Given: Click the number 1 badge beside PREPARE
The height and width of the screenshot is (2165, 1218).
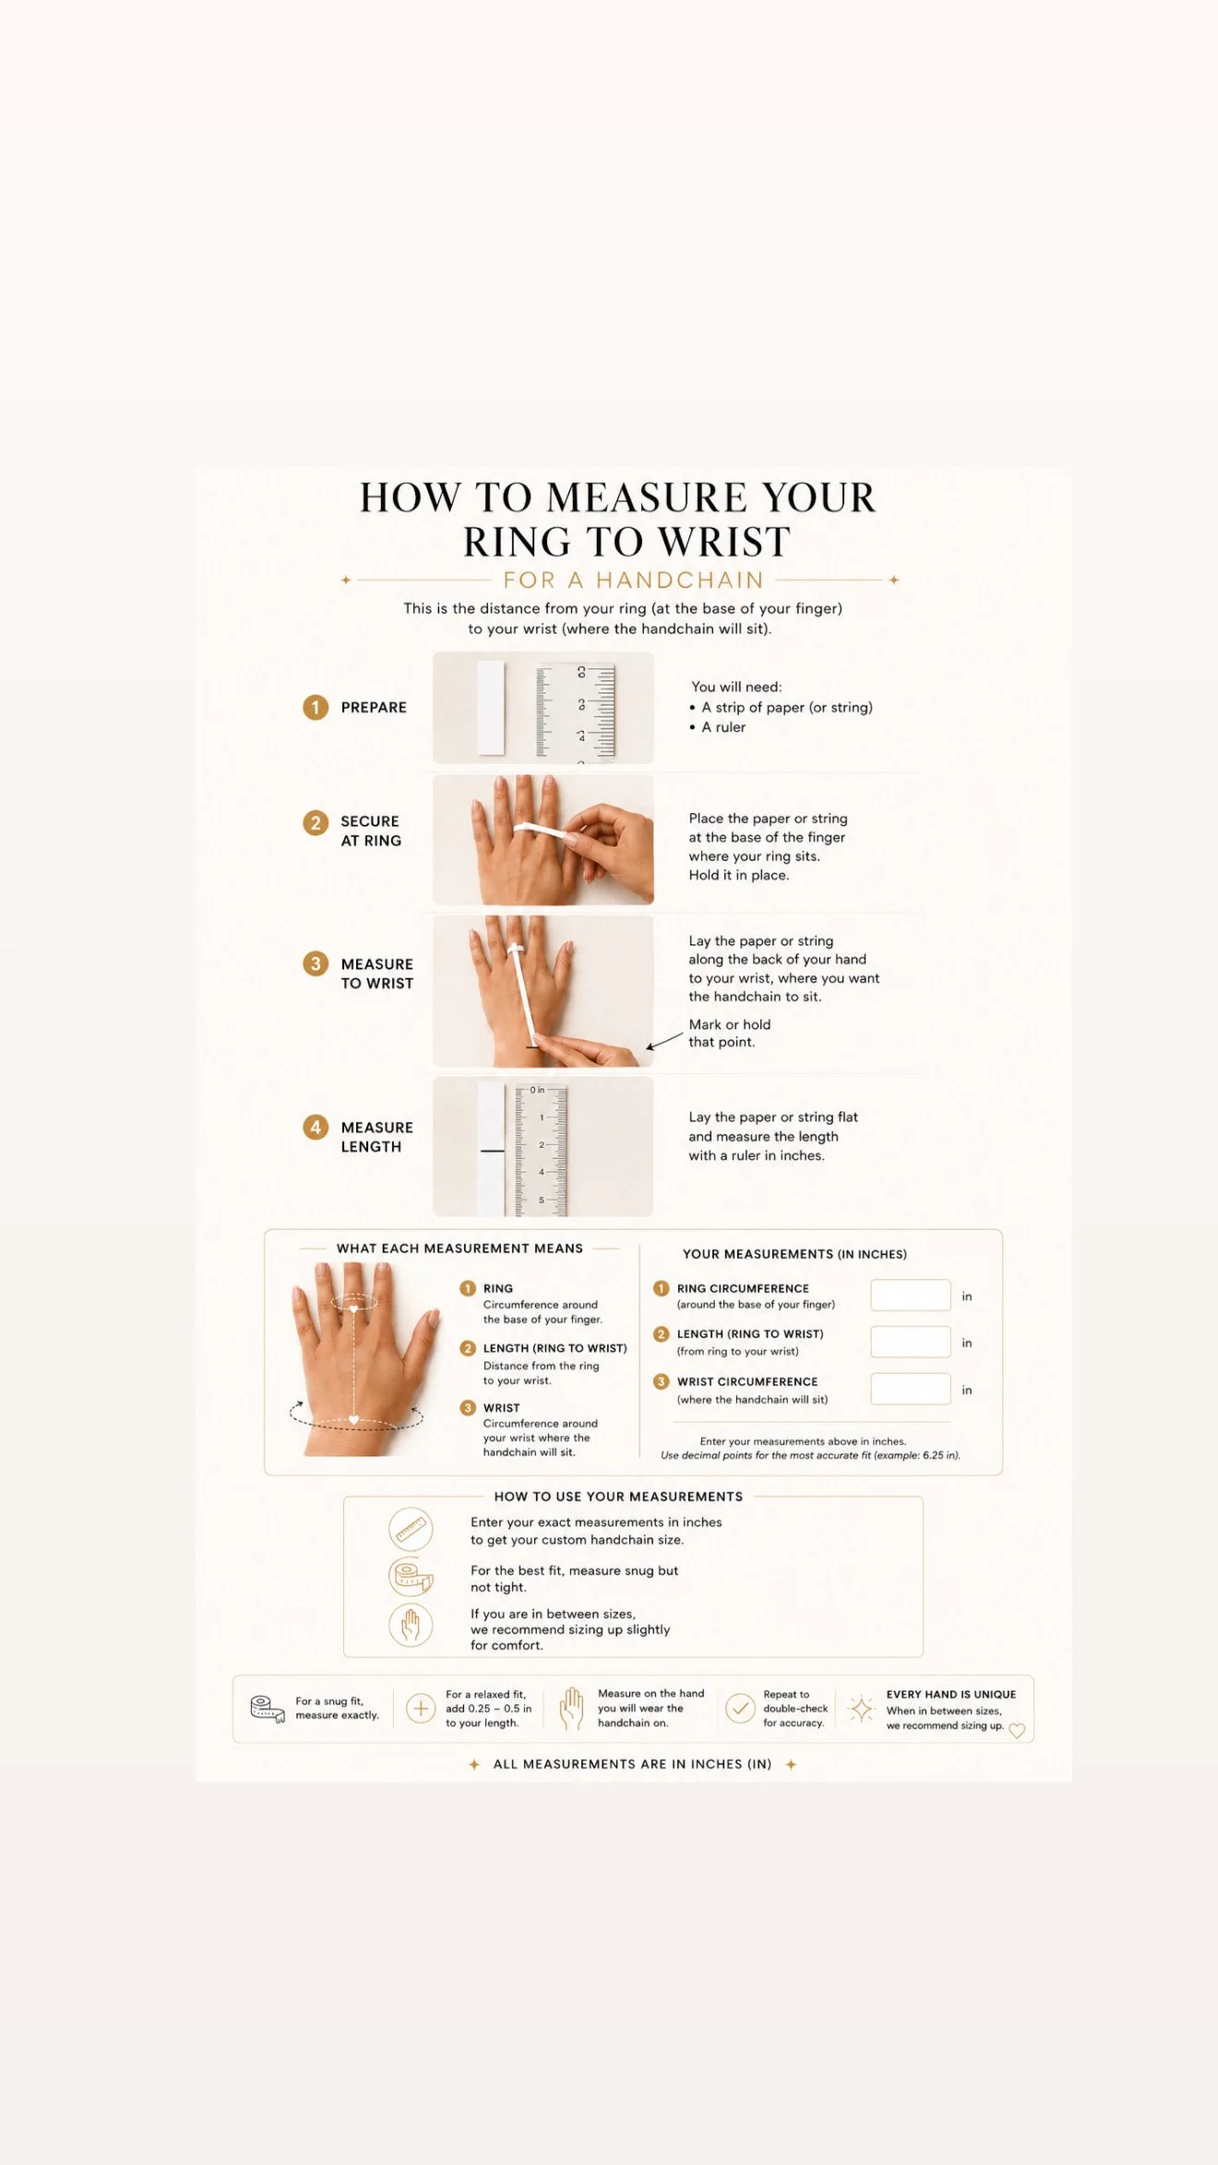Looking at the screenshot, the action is (316, 707).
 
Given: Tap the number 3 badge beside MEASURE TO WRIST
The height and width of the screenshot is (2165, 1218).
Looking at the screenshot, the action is (316, 963).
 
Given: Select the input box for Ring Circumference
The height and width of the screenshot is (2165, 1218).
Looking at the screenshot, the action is (910, 1295).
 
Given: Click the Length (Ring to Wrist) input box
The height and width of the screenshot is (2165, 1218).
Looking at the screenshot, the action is (910, 1341).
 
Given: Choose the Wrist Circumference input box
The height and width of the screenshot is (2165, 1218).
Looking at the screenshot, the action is (910, 1388).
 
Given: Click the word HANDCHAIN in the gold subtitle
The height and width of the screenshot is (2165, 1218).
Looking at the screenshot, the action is (680, 580).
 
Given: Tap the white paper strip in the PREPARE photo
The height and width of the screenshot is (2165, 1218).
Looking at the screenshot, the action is (491, 707).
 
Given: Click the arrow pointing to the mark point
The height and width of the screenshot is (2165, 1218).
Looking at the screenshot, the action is (664, 1042).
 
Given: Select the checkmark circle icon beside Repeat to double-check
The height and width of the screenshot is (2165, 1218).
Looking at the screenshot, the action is (740, 1708).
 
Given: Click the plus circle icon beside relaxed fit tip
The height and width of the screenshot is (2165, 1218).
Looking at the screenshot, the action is (421, 1708).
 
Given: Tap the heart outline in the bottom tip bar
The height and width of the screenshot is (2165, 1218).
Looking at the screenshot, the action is (1017, 1730).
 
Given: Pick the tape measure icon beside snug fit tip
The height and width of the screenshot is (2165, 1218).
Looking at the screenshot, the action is (268, 1709).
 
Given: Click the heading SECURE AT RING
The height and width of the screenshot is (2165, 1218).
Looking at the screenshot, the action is (371, 831).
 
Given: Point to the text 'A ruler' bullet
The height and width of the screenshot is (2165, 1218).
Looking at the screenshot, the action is (723, 727).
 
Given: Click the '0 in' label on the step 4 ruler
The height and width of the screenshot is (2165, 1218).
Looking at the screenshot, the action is (537, 1090).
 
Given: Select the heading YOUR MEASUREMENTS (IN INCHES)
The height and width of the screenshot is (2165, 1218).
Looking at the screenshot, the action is (794, 1254).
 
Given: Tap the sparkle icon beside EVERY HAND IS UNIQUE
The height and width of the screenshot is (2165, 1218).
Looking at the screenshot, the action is (861, 1709).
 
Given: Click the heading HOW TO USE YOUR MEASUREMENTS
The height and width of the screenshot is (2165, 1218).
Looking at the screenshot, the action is (618, 1496).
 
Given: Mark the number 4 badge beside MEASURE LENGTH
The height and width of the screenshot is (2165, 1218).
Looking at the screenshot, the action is (316, 1127).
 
